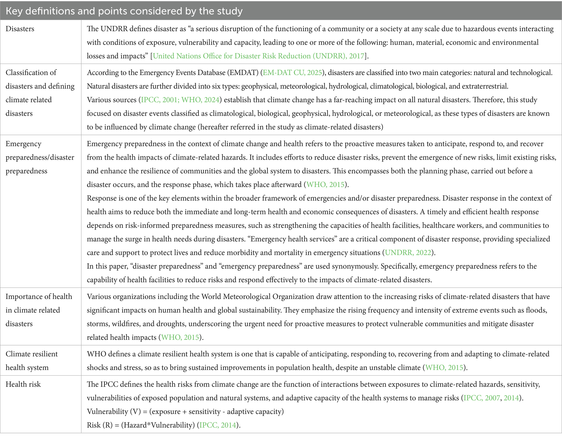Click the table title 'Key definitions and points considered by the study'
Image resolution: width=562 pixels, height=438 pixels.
[124, 11]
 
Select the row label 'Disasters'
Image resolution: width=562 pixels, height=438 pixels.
[20, 29]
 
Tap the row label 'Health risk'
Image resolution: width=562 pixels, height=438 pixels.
[23, 384]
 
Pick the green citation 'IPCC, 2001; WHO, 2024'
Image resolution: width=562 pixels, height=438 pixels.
[180, 100]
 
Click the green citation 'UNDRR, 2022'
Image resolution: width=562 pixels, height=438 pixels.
[408, 252]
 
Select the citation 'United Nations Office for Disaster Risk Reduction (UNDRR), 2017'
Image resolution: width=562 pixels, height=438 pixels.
[258, 56]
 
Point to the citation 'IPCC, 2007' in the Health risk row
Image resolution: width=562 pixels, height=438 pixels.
[482, 398]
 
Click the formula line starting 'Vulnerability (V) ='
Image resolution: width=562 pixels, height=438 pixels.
[185, 411]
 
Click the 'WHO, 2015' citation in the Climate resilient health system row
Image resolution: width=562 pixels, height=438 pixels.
[444, 368]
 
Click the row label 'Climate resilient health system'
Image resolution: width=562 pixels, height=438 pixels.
[32, 361]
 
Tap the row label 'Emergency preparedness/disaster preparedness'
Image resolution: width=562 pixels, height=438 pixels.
[40, 157]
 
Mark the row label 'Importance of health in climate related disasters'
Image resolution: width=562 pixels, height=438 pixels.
[39, 310]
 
